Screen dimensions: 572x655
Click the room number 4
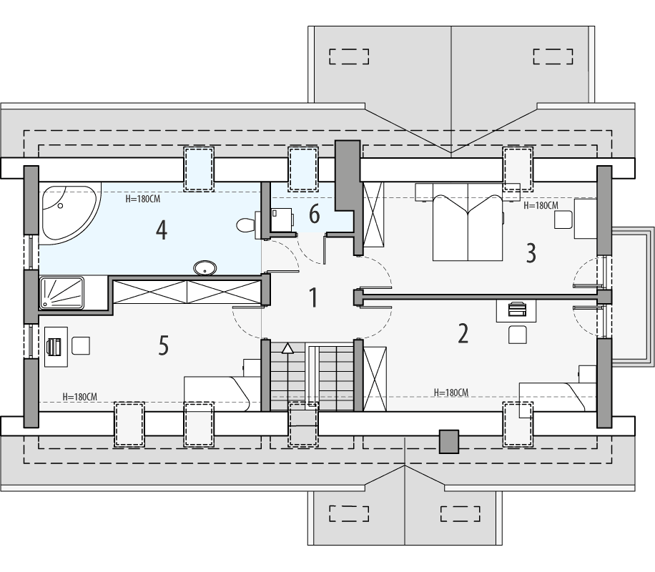tap(162, 230)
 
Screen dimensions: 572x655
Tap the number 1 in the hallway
tap(312, 297)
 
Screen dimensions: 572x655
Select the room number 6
tap(313, 213)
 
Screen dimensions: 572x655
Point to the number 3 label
tap(531, 252)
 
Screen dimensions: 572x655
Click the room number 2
tap(463, 333)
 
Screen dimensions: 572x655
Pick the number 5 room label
tap(163, 346)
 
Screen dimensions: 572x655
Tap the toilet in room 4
tap(246, 225)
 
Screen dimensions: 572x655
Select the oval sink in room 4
tap(206, 268)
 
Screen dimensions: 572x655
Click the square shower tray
tap(61, 293)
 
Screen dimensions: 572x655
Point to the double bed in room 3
tap(468, 222)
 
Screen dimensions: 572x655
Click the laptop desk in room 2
tap(517, 310)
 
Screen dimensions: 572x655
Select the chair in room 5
tap(81, 345)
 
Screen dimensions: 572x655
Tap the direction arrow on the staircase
tap(287, 348)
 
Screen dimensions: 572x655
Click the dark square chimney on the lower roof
tap(448, 442)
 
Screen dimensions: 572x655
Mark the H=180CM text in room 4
tap(142, 199)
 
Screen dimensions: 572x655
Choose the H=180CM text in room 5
tap(80, 396)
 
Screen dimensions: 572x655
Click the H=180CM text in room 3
tap(541, 205)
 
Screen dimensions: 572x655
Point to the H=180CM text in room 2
tap(451, 393)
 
